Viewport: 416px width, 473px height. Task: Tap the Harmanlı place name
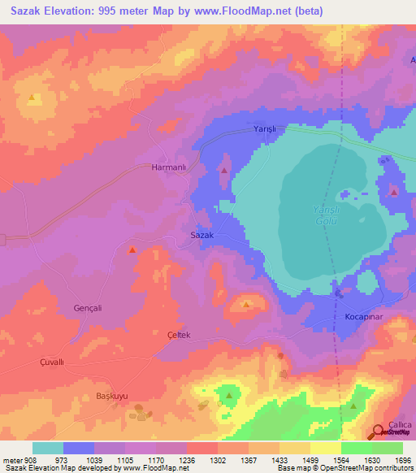[169, 167]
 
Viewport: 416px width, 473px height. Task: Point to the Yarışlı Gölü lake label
[323, 215]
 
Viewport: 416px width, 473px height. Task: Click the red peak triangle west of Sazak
[132, 250]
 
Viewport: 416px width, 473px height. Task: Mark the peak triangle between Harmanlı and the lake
[224, 170]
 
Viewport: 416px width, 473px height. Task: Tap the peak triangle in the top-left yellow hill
[32, 98]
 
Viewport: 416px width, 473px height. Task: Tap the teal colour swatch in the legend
[48, 448]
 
